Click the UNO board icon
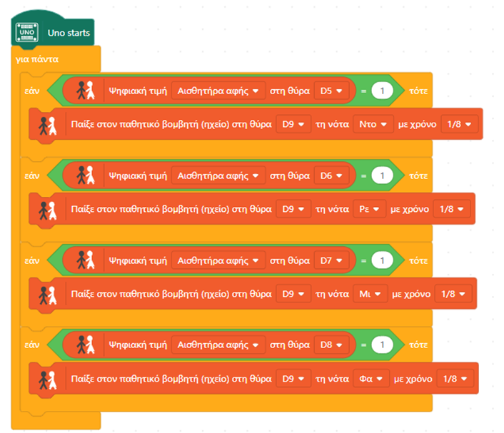(x=27, y=32)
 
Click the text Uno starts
(x=69, y=33)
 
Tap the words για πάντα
(x=37, y=59)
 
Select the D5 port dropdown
(x=331, y=91)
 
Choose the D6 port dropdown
(x=331, y=175)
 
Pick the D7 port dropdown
(x=331, y=260)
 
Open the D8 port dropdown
(x=331, y=345)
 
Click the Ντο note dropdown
(x=373, y=124)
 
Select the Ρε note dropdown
(x=369, y=209)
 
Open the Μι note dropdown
(x=371, y=294)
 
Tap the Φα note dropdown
(x=371, y=379)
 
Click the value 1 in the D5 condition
(x=382, y=91)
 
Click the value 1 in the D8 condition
(x=382, y=345)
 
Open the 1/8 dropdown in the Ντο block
(x=460, y=124)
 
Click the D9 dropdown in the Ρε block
(x=293, y=209)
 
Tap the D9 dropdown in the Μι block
(x=293, y=294)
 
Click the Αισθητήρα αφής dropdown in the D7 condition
(x=218, y=260)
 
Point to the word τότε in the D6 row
(x=418, y=176)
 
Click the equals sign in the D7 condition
(x=363, y=261)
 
